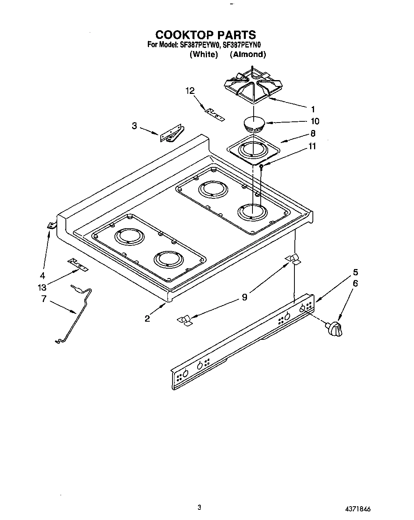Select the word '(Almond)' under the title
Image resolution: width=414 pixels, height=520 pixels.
(248, 55)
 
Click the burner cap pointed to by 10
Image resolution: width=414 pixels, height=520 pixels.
(254, 124)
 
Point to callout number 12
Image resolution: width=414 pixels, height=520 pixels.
(190, 91)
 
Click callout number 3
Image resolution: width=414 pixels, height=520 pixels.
(134, 126)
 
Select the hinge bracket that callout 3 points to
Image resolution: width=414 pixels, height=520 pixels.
(171, 133)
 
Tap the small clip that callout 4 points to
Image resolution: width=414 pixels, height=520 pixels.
(51, 225)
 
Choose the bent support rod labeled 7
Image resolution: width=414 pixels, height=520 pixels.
(78, 314)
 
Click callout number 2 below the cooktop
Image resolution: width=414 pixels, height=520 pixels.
(147, 319)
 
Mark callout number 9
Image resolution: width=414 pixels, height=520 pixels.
(244, 297)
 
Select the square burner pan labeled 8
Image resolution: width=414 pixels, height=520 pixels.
(254, 149)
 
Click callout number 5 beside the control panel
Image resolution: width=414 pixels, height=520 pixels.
(355, 272)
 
